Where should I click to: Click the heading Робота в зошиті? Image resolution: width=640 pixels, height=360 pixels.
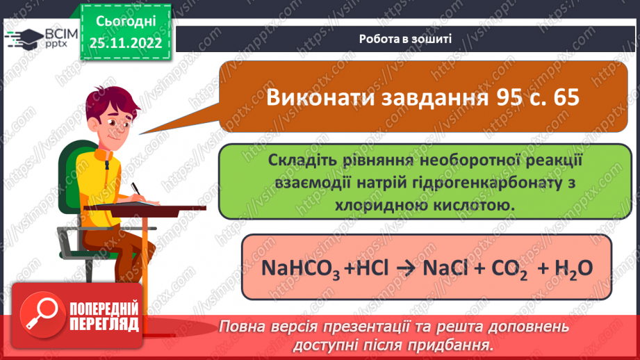point(405,39)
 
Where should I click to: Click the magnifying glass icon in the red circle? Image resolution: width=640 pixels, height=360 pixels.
point(44,316)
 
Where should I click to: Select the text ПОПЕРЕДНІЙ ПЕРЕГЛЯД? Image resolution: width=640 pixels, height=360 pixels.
point(105,317)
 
